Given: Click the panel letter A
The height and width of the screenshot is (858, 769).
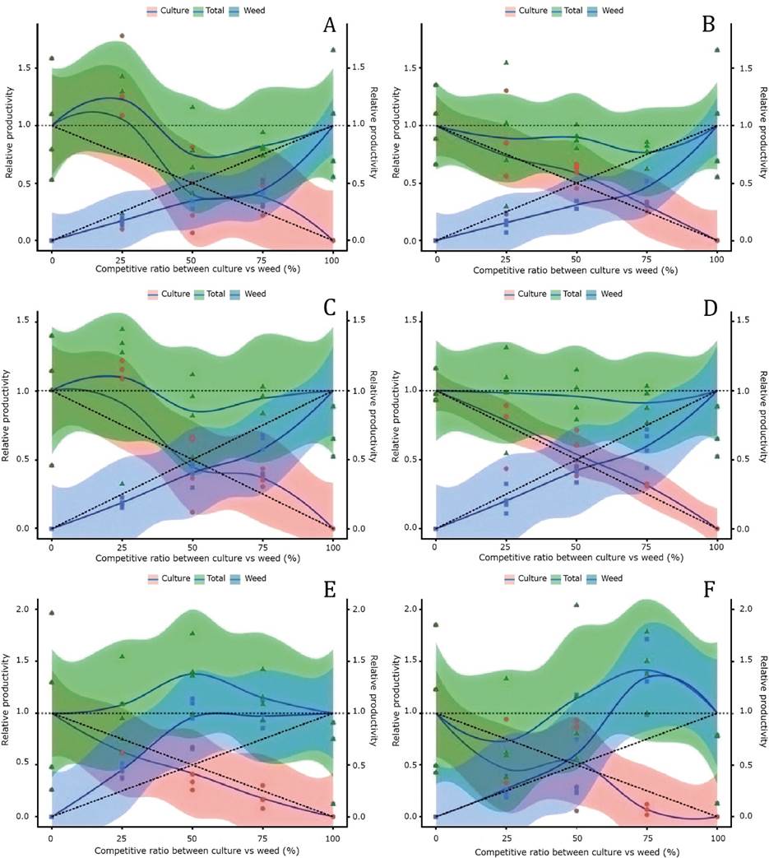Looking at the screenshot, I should (329, 26).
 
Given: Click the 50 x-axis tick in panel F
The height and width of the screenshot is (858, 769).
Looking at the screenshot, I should (576, 837).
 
